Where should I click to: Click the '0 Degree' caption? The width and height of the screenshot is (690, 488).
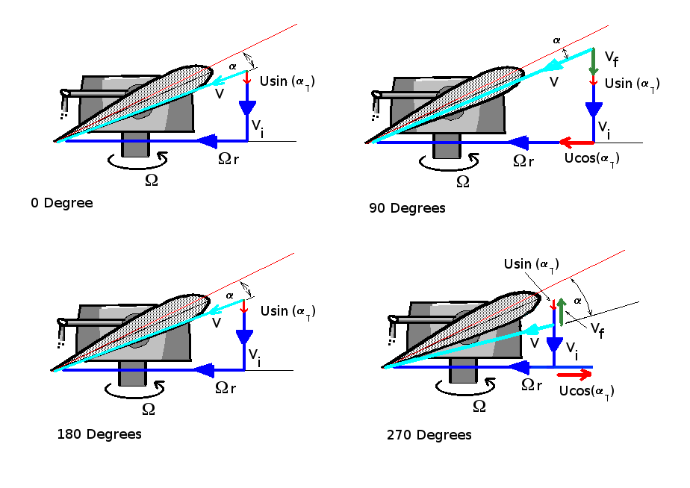pos(62,203)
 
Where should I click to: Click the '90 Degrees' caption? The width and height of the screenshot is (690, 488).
pos(407,208)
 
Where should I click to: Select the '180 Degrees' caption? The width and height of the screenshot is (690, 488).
pos(99,434)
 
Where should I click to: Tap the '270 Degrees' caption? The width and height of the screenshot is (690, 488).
pos(429,435)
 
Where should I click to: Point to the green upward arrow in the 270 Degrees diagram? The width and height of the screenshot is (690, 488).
pos(561,311)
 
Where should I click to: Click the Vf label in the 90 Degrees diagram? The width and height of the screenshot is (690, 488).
pos(611,57)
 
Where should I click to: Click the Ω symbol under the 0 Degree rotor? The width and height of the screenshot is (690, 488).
pos(151,179)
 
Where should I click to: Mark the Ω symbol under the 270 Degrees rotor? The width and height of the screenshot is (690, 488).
pos(479,406)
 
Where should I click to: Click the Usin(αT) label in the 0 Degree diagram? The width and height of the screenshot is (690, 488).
pos(286,81)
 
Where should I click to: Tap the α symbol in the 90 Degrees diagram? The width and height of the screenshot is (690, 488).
pos(556,40)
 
